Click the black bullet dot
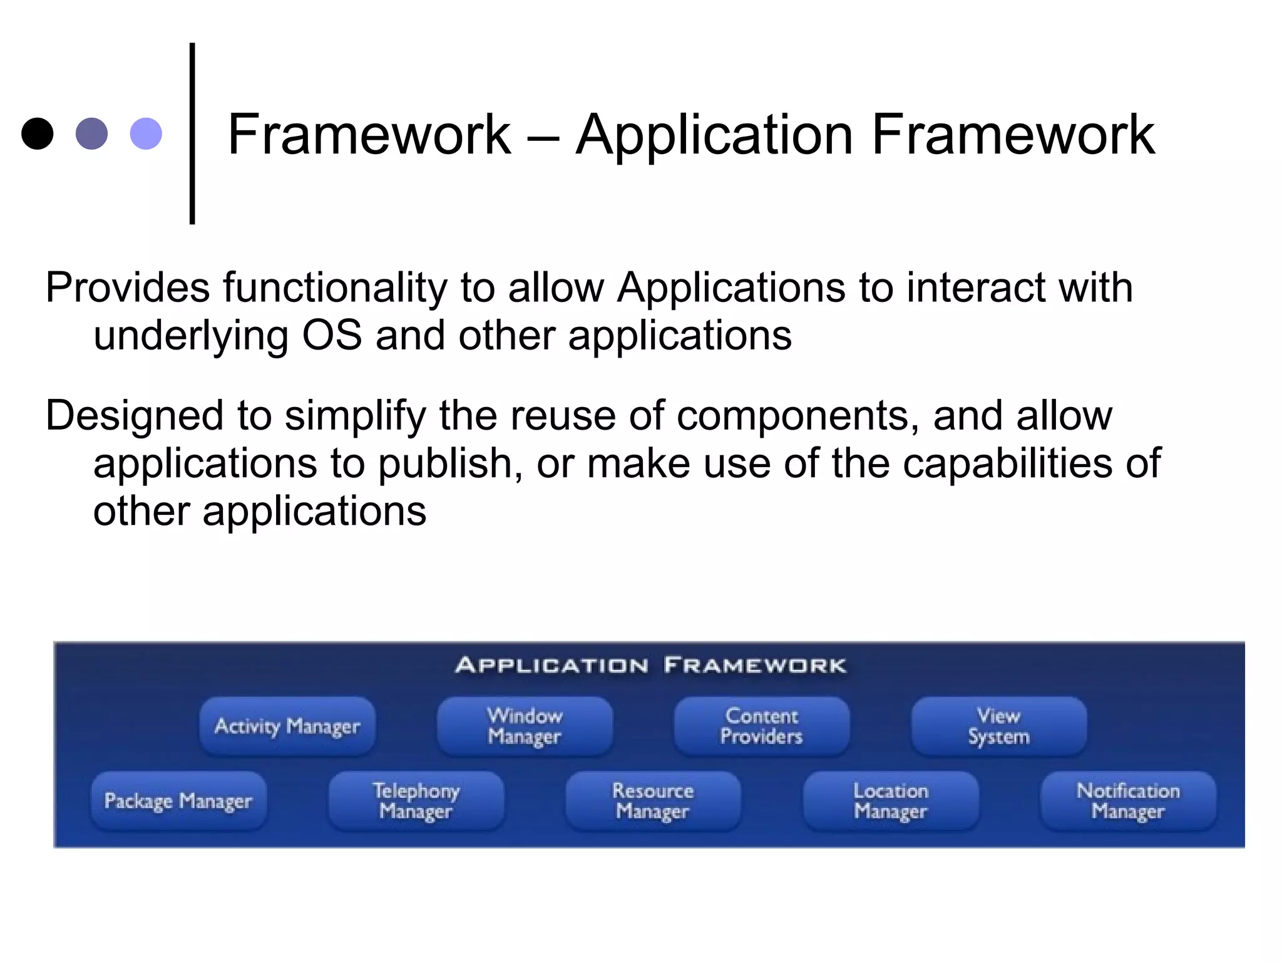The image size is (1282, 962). pyautogui.click(x=38, y=133)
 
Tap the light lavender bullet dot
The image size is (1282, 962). pyautogui.click(x=146, y=133)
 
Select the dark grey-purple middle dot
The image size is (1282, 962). pyautogui.click(x=91, y=133)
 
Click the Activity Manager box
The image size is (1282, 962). pyautogui.click(x=287, y=727)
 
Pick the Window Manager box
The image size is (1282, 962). pyautogui.click(x=525, y=727)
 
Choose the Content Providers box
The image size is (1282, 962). pyautogui.click(x=762, y=727)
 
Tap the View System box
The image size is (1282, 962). pyautogui.click(x=999, y=727)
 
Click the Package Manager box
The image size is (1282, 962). pyautogui.click(x=178, y=801)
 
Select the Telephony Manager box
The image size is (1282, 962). pyautogui.click(x=416, y=801)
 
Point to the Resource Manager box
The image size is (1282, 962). pyautogui.click(x=653, y=801)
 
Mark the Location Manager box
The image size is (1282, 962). pyautogui.click(x=891, y=801)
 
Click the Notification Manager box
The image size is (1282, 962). pyautogui.click(x=1128, y=801)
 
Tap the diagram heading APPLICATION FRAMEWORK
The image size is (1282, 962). pyautogui.click(x=650, y=665)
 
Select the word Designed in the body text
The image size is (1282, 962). pyautogui.click(x=134, y=416)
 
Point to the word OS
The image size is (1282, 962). pyautogui.click(x=332, y=336)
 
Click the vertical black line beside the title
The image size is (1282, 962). pyautogui.click(x=192, y=133)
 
